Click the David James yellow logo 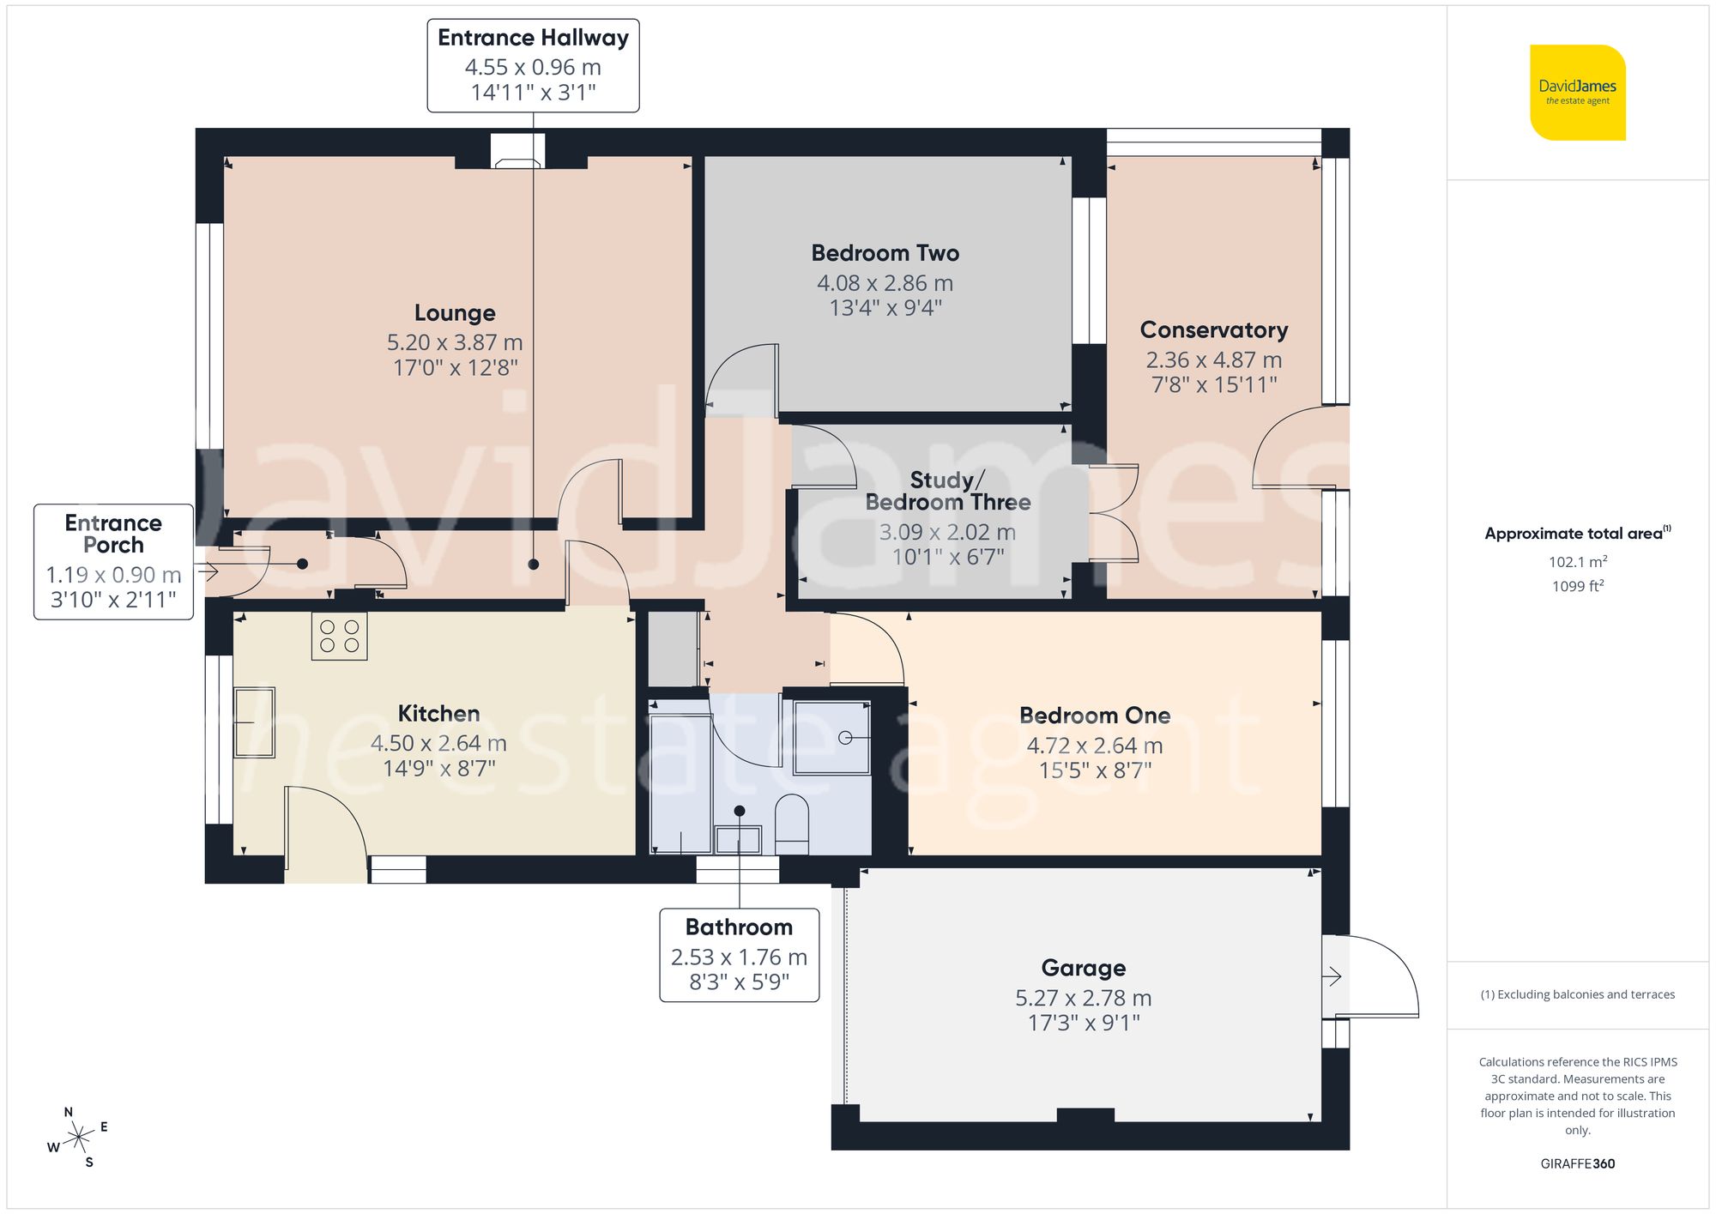(1577, 93)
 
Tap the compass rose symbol (79, 1138)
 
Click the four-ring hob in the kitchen (339, 636)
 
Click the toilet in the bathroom (791, 822)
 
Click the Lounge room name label (455, 313)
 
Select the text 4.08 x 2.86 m (885, 282)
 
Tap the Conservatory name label (1213, 330)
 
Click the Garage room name (1083, 968)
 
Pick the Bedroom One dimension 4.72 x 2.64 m (1094, 746)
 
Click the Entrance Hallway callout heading (533, 39)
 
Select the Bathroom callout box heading (739, 927)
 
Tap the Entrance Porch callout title (113, 534)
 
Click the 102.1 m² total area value (1577, 562)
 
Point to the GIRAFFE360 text (1577, 1163)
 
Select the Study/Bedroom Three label (947, 491)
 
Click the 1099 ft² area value (1577, 586)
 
